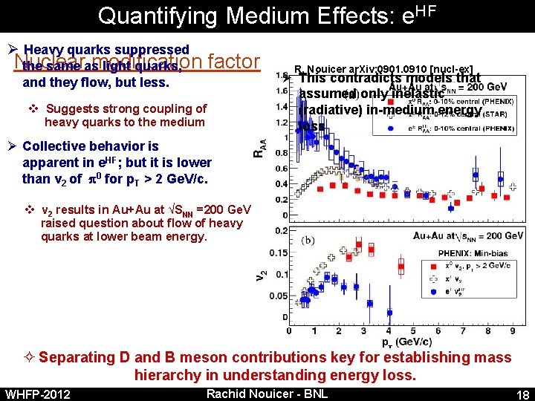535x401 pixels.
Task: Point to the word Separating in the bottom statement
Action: (74, 357)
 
